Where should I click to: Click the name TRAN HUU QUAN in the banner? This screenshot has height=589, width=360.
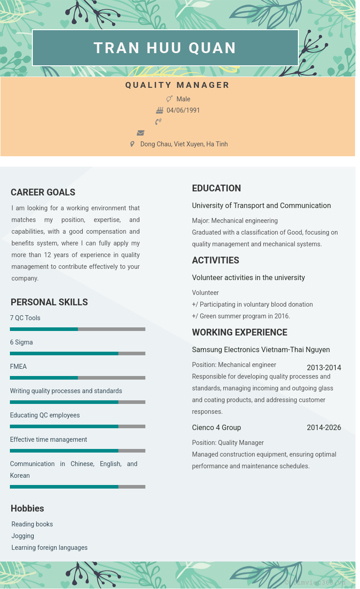[x=165, y=48]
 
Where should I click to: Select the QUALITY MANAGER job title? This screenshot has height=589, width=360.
[x=177, y=85]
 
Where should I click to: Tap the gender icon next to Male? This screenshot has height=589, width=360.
[x=170, y=99]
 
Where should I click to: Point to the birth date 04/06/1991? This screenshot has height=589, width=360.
[x=183, y=110]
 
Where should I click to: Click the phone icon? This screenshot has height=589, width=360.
[x=158, y=122]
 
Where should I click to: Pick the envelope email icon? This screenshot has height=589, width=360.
[x=141, y=133]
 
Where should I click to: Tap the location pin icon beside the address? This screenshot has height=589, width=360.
[x=132, y=144]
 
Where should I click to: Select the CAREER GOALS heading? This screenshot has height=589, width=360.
[x=43, y=192]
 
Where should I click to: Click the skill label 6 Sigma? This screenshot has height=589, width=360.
[x=22, y=342]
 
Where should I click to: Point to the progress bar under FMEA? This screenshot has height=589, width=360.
[x=77, y=378]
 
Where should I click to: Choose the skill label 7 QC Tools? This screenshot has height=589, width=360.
[x=25, y=318]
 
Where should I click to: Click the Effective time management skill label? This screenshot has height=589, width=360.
[x=49, y=439]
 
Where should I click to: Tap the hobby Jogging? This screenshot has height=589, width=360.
[x=23, y=536]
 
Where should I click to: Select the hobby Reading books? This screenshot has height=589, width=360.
[x=32, y=524]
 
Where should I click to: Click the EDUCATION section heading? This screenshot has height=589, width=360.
[x=216, y=188]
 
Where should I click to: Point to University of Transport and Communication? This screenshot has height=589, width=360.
[x=261, y=205]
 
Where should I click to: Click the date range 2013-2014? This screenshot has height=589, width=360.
[x=324, y=367]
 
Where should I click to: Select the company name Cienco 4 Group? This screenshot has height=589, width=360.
[x=216, y=427]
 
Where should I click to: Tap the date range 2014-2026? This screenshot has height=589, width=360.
[x=324, y=427]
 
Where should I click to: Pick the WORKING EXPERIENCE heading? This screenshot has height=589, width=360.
[x=239, y=332]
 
